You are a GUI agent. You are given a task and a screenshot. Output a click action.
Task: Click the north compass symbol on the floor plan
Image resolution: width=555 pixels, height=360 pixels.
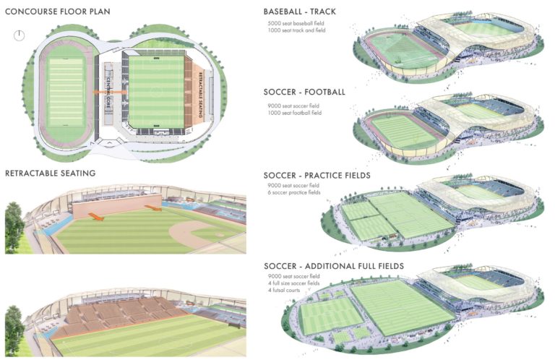[x=20, y=34]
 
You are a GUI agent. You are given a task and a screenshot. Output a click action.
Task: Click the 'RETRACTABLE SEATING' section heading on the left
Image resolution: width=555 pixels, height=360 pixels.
[x=50, y=173]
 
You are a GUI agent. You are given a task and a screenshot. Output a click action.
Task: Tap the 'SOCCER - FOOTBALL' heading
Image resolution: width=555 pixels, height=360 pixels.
[x=305, y=93]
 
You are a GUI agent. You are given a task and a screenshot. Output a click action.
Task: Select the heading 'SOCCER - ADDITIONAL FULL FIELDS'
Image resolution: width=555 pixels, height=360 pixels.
[x=334, y=266]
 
